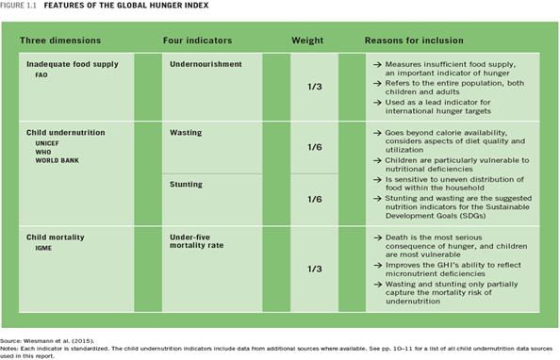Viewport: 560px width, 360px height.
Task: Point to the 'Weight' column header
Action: point(307,41)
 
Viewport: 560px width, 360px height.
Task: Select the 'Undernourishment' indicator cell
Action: point(206,64)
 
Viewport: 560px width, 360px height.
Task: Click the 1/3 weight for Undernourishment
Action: point(316,86)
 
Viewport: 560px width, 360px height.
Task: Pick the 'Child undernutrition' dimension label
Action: point(66,133)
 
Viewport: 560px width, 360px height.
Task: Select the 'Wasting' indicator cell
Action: point(186,133)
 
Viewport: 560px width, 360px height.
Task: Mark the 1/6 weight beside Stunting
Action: point(316,199)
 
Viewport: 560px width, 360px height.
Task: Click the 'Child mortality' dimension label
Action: point(58,237)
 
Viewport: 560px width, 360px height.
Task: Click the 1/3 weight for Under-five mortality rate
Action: point(316,269)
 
